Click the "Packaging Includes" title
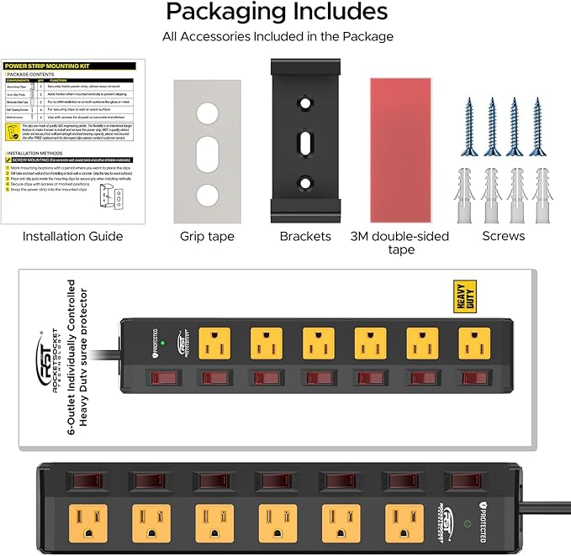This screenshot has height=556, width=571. (x=277, y=12)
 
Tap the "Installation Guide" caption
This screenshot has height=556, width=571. (x=72, y=236)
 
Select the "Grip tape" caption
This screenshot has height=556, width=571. (x=206, y=236)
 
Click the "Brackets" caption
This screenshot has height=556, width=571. (x=305, y=236)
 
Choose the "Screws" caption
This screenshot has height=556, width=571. (x=504, y=236)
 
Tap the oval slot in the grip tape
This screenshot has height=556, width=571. (x=207, y=155)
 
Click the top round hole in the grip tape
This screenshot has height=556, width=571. (x=207, y=114)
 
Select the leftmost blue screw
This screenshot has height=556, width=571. (x=468, y=126)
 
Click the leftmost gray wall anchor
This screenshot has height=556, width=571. (x=468, y=196)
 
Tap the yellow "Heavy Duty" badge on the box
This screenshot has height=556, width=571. (x=465, y=296)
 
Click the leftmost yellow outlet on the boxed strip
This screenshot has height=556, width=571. (x=216, y=342)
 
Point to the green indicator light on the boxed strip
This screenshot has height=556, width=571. (x=165, y=343)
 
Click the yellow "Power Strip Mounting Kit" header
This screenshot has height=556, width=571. (x=48, y=65)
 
